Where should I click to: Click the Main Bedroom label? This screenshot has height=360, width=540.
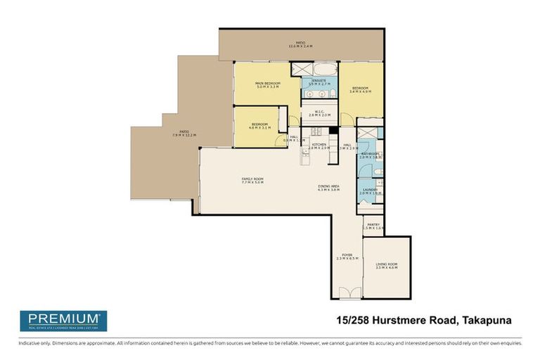point(268,84)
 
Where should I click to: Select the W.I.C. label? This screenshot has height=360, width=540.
point(319,110)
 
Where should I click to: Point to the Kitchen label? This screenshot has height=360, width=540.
point(319,144)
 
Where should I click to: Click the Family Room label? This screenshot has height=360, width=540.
point(252,179)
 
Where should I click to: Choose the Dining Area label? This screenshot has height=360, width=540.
point(328,186)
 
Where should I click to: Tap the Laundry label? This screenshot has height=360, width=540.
point(370,189)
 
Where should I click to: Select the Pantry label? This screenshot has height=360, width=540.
point(373,224)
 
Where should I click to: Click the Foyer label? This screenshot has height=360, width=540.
point(347,255)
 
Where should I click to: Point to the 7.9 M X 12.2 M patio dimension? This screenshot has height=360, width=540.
point(184,134)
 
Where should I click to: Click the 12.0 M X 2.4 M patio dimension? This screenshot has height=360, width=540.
point(300,46)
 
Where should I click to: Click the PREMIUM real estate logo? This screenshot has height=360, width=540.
point(63,321)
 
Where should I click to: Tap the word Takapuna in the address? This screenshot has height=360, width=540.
point(486,321)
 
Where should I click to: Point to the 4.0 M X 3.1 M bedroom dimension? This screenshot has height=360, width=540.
point(259,128)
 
